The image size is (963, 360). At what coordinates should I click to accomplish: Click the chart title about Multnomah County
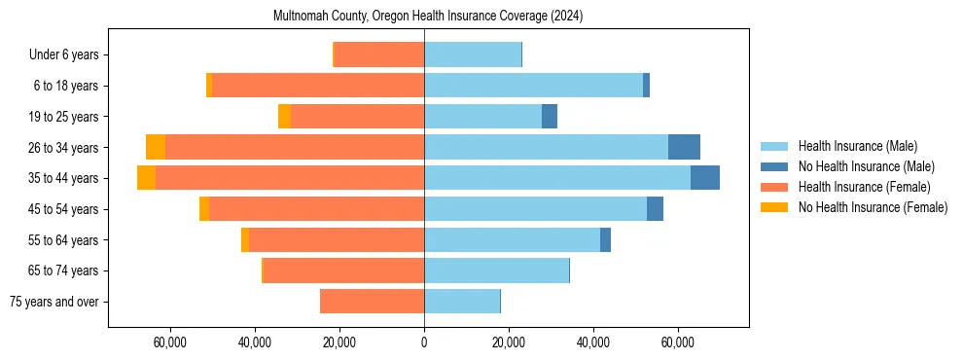[x=424, y=17]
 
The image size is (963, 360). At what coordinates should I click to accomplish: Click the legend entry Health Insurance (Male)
[x=857, y=146]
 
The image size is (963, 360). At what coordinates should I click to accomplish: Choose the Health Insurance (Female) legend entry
[x=864, y=187]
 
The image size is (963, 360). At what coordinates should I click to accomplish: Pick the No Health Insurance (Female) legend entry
[x=873, y=207]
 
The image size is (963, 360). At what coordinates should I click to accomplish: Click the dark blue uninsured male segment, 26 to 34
[x=684, y=147]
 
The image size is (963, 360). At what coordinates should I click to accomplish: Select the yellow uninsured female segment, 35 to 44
[x=146, y=178]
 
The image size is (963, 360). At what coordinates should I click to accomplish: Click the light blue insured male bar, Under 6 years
[x=473, y=55]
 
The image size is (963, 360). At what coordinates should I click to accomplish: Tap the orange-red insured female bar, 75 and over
[x=372, y=302]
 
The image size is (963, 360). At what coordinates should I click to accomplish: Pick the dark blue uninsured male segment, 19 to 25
[x=550, y=117]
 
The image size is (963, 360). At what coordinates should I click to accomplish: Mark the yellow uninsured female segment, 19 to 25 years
[x=284, y=117]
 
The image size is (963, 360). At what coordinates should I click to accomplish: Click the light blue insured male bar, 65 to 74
[x=496, y=270]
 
